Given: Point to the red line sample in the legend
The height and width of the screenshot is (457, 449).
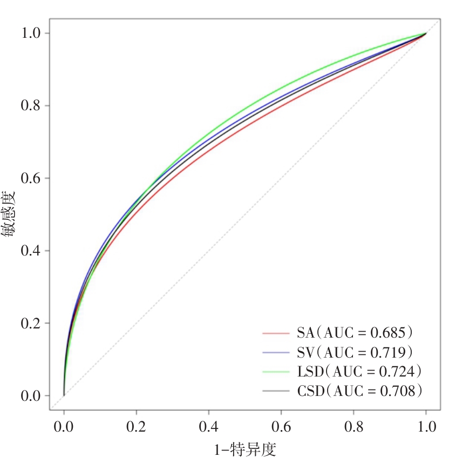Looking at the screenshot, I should point(277,333).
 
